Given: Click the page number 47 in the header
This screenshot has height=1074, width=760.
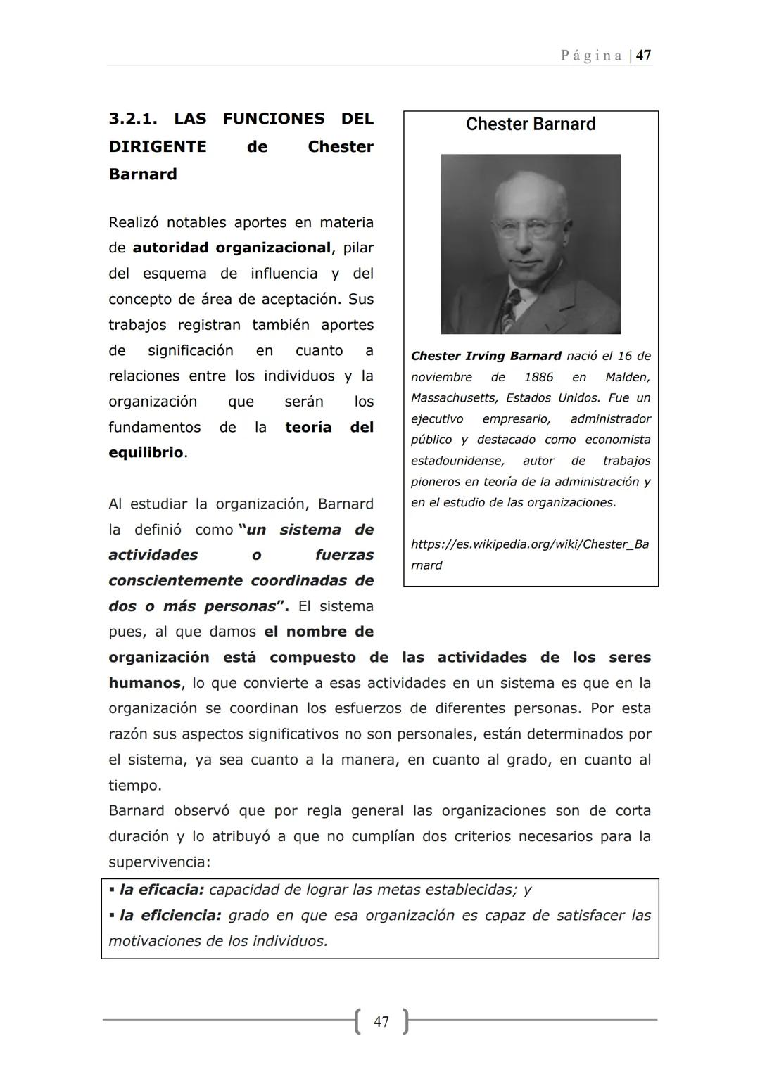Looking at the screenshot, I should (643, 56).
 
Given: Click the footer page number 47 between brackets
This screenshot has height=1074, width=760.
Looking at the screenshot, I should (381, 1021).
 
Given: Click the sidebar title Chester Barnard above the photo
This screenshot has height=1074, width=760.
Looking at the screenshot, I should (531, 124).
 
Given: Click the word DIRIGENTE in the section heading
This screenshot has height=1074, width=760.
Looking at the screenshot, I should (158, 146).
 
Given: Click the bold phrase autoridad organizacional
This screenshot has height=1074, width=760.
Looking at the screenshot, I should (232, 248).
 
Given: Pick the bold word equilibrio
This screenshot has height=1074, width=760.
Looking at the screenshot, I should (146, 452).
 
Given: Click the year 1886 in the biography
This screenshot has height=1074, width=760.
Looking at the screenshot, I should (538, 377).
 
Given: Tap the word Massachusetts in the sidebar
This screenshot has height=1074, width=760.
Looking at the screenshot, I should (453, 398).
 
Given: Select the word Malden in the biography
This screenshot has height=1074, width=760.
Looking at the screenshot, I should (628, 377).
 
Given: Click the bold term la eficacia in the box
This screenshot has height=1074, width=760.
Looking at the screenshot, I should (161, 890).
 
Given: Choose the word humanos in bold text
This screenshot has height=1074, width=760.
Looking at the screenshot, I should (144, 683).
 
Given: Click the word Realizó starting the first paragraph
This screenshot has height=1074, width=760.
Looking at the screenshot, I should (134, 222).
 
